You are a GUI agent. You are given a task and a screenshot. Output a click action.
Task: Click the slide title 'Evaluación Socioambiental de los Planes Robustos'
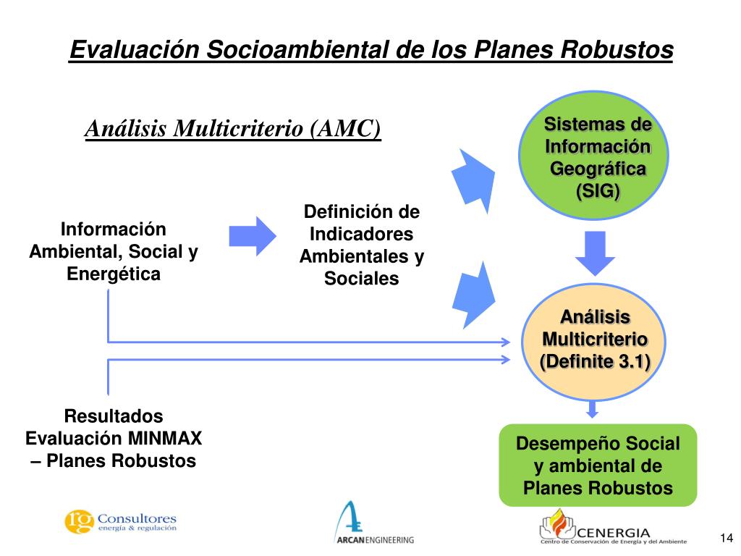coord(371,50)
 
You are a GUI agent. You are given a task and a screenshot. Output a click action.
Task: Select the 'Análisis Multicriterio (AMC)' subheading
coord(232,128)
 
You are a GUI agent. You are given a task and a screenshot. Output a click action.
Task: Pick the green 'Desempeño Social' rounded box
coord(598,465)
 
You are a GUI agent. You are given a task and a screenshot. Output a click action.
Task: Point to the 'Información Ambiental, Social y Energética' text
coord(114,252)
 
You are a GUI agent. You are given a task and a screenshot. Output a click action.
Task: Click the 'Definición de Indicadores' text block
coord(361,245)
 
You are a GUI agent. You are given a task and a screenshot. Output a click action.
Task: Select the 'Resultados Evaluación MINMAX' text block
coord(114,439)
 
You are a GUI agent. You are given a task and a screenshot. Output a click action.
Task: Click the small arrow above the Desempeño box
coord(593,410)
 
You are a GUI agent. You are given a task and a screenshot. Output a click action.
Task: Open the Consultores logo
coord(120,521)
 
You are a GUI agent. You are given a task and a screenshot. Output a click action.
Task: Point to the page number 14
coord(727,537)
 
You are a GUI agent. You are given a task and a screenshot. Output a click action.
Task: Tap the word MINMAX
coord(166,439)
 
